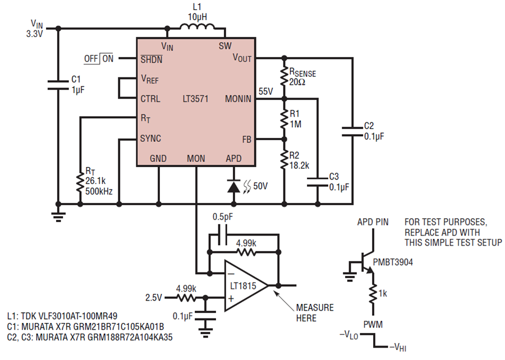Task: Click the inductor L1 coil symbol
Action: pyautogui.click(x=197, y=27)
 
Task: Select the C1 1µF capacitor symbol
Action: pyautogui.click(x=58, y=85)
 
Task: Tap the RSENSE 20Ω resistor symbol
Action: pyautogui.click(x=284, y=76)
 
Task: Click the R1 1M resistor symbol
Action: pyautogui.click(x=284, y=119)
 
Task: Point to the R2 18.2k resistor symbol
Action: pyautogui.click(x=284, y=160)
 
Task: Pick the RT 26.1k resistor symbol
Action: pyautogui.click(x=80, y=182)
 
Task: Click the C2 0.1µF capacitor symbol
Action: pyautogui.click(x=352, y=131)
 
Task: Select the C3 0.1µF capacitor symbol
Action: pyautogui.click(x=318, y=182)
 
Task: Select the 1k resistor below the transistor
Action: pyautogui.click(x=373, y=293)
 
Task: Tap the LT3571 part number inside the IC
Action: pyautogui.click(x=195, y=99)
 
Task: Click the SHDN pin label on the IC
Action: pyautogui.click(x=151, y=59)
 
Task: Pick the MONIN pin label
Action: pyautogui.click(x=238, y=99)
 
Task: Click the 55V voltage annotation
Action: pyautogui.click(x=266, y=91)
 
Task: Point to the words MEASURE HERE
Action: pyautogui.click(x=315, y=313)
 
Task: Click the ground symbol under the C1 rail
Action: pyautogui.click(x=58, y=216)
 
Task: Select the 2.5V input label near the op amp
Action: pyautogui.click(x=154, y=298)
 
